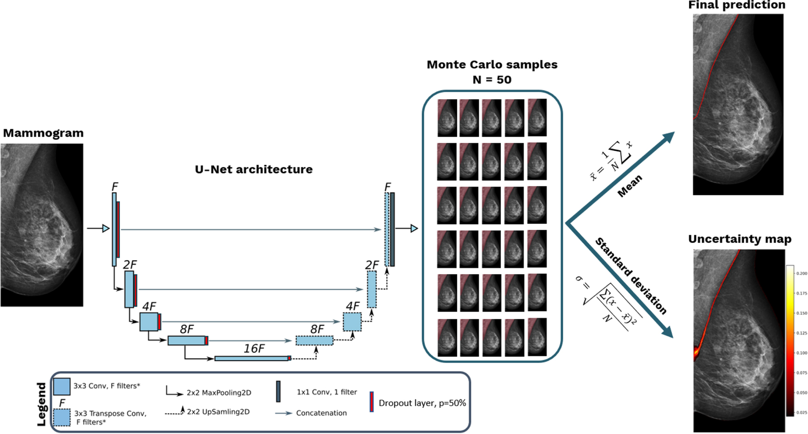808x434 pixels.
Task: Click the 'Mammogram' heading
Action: click(x=43, y=133)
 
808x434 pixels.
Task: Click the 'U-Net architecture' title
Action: click(x=254, y=170)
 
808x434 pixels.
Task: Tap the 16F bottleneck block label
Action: click(x=254, y=349)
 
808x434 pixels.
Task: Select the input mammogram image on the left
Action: click(x=42, y=225)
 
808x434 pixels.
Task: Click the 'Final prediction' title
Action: click(x=737, y=5)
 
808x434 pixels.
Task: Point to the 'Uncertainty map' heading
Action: click(x=739, y=239)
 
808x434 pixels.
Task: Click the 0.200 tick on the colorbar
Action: click(x=801, y=273)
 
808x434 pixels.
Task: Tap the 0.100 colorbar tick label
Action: click(x=801, y=353)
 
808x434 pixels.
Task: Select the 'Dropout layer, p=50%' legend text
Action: click(x=422, y=403)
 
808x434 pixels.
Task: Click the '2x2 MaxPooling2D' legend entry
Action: click(x=218, y=393)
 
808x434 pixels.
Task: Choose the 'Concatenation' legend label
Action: click(x=321, y=413)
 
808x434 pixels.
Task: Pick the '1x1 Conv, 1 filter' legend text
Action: click(x=326, y=392)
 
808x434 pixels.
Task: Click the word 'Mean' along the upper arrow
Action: click(x=629, y=186)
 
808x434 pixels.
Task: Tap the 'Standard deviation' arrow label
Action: click(x=631, y=276)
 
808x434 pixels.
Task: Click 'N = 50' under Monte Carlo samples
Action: click(x=492, y=80)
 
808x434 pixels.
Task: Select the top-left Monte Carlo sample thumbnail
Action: click(x=447, y=118)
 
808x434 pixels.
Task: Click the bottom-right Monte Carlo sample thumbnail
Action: click(x=537, y=337)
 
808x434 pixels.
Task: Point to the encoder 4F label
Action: click(x=149, y=307)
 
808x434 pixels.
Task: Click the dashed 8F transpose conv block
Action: click(x=314, y=341)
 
